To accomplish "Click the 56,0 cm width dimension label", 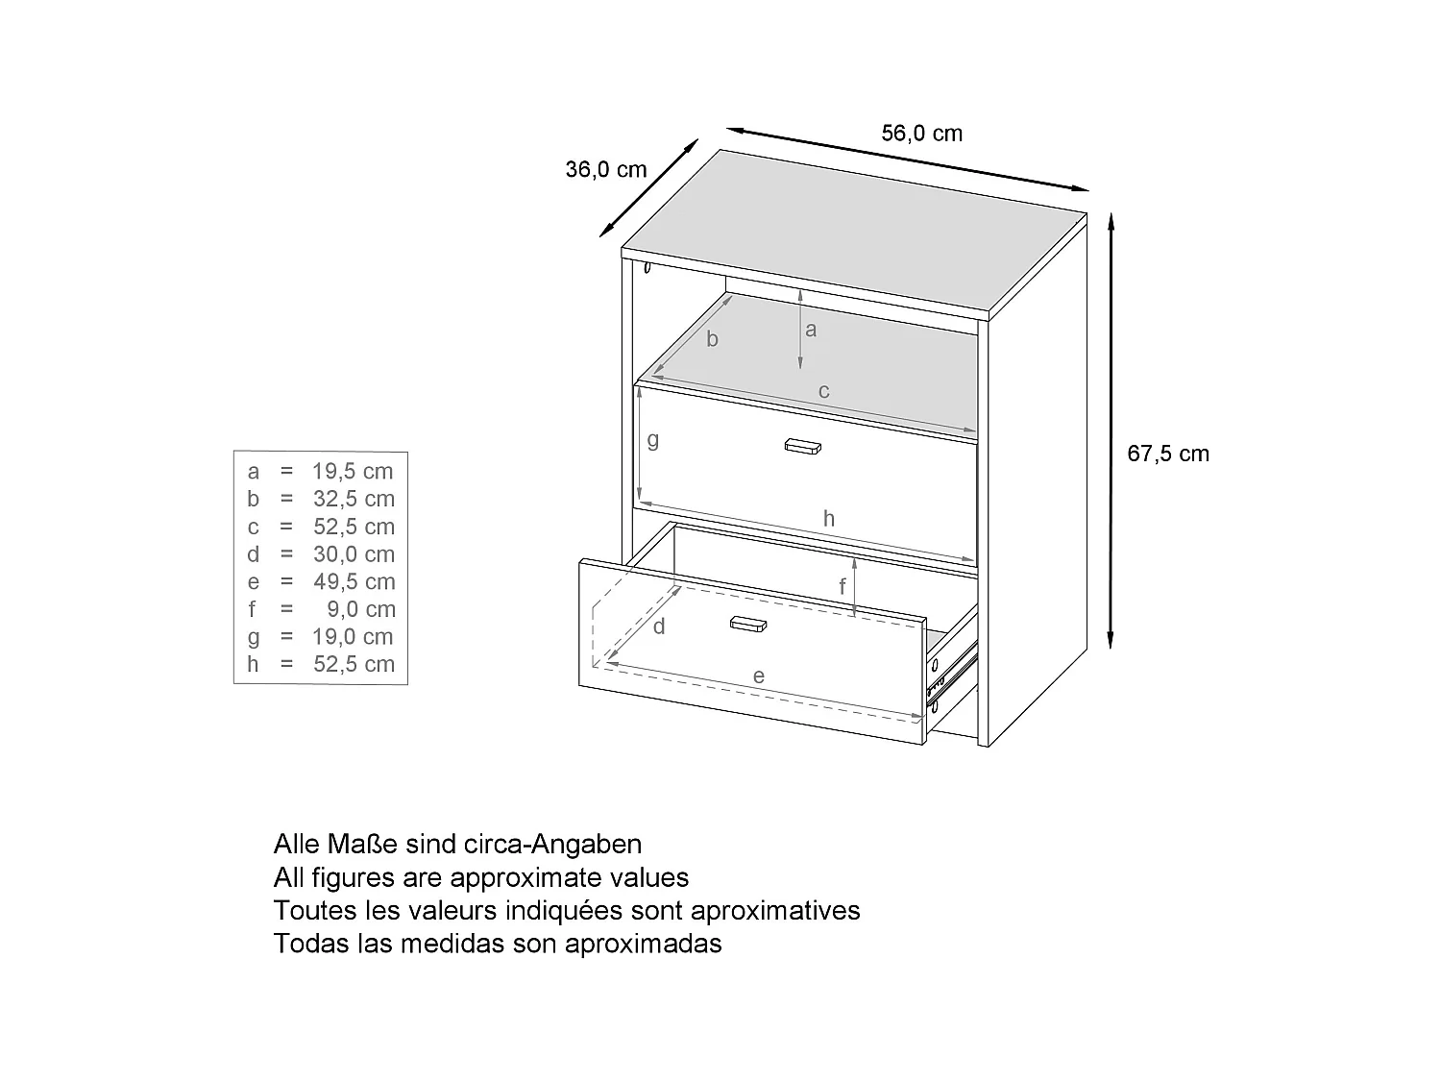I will [921, 134].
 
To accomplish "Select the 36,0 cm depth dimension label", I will [605, 170].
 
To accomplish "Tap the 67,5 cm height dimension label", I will [1167, 454].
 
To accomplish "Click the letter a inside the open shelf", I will [811, 330].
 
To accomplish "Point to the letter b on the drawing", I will [712, 339].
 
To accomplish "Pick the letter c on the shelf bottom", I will [823, 391].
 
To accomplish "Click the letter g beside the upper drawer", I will [653, 440].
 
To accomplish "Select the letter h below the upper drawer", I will [828, 519].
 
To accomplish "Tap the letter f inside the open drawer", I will [843, 585].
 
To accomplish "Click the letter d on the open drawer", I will [659, 627].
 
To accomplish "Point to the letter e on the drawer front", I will [758, 676].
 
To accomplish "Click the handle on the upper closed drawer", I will [804, 445].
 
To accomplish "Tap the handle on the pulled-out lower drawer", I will [748, 624].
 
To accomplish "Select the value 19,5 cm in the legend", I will [353, 471].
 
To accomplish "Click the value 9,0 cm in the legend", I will [360, 609].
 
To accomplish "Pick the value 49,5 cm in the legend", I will [353, 581].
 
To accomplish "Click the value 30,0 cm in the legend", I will [353, 554].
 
